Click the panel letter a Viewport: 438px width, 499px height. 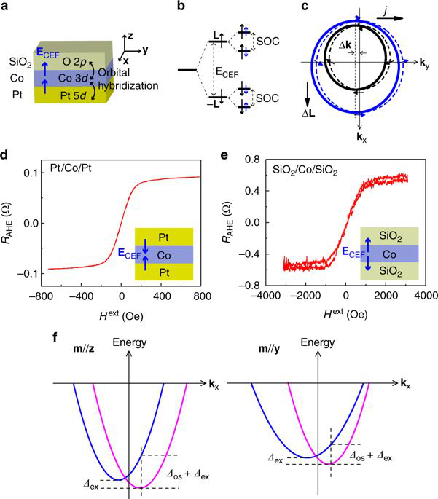[x=5, y=8]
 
